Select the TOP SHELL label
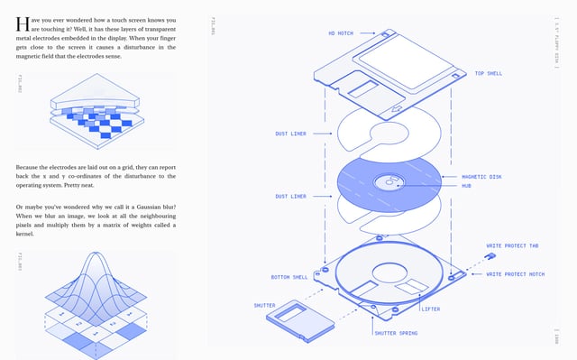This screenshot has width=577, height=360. point(490,73)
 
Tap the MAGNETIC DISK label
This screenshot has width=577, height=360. point(481,177)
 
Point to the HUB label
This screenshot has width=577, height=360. point(466,186)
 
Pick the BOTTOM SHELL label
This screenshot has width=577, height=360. point(289,277)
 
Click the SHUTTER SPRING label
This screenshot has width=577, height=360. point(396,333)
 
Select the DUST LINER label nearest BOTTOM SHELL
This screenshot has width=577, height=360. point(290,196)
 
